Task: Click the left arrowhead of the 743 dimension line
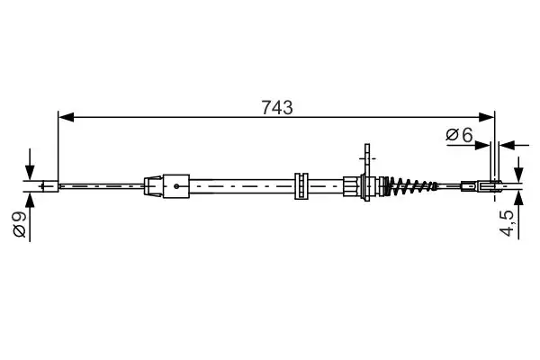[64, 117]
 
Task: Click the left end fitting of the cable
[50, 187]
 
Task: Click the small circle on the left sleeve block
[177, 187]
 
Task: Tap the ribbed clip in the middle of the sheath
[300, 184]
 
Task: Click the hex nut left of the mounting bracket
[352, 187]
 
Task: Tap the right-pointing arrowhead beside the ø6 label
[487, 142]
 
